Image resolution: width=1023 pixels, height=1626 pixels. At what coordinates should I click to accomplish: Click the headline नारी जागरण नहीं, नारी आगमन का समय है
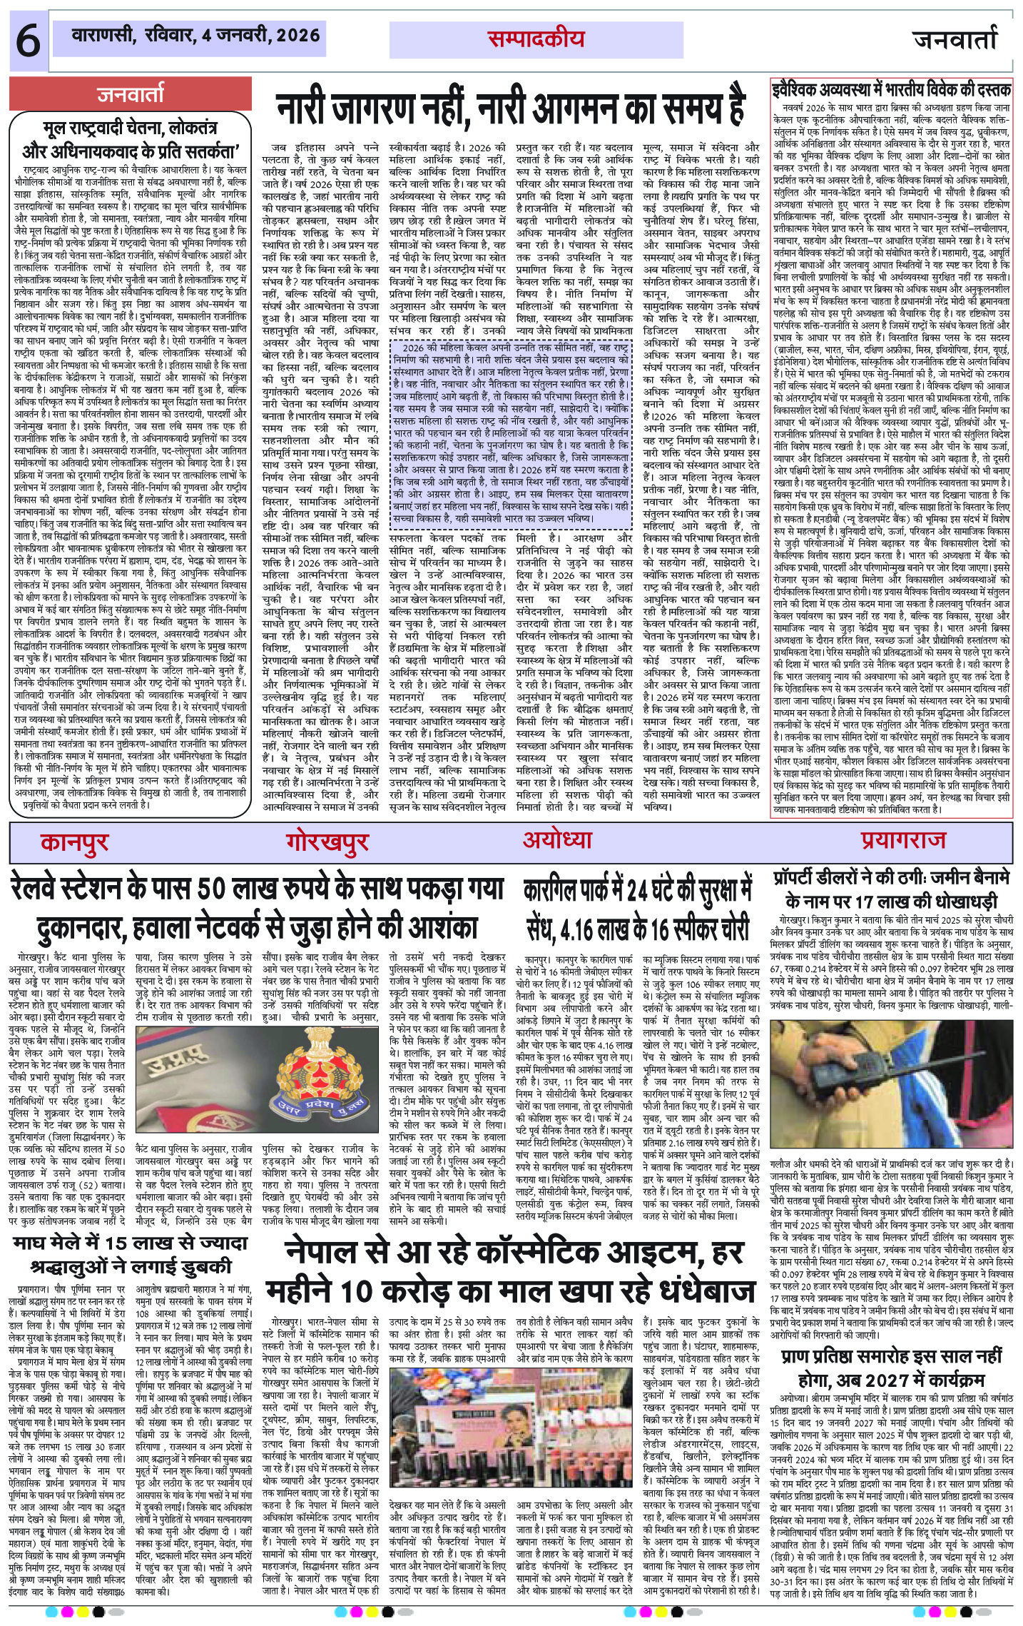tap(510, 107)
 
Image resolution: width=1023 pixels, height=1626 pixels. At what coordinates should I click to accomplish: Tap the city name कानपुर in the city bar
tap(74, 842)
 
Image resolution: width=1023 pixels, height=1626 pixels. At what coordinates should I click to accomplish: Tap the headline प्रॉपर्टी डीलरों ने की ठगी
tap(892, 889)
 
